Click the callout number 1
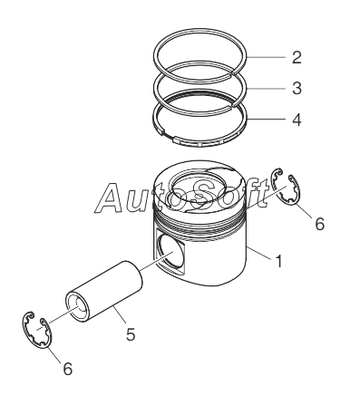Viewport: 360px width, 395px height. pos(279,261)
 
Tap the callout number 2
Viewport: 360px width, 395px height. pos(297,57)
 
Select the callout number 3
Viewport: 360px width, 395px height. pos(297,88)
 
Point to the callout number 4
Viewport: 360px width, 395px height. pos(297,120)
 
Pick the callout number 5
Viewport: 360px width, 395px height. pos(131,334)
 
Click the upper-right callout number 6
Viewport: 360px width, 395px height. pos(319,224)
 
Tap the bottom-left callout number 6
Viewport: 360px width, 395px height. pos(68,369)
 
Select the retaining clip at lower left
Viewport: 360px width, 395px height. pos(37,329)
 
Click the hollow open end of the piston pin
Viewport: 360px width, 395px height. pos(78,306)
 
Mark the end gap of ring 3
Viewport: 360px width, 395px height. pos(234,104)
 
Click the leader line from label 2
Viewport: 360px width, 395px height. pos(266,57)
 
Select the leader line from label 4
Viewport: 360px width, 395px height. pos(266,120)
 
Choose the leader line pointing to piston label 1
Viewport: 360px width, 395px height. pos(259,253)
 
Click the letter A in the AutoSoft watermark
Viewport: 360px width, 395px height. pos(111,197)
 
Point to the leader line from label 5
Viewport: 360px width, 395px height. pos(120,314)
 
